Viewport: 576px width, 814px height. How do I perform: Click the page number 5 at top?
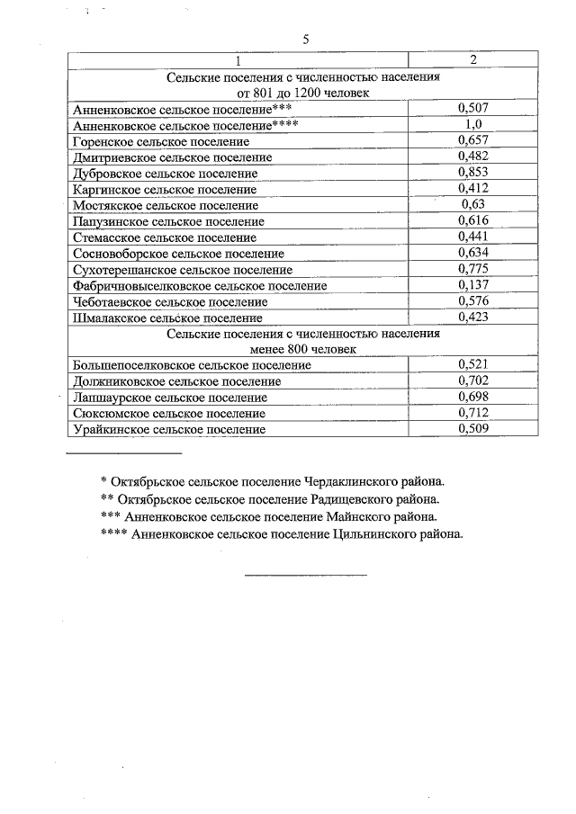click(305, 39)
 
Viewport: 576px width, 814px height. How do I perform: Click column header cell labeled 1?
click(238, 60)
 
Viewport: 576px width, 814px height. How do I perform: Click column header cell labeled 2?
click(472, 59)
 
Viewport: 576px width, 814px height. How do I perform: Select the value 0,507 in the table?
click(472, 108)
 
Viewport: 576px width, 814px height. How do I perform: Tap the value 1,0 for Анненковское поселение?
click(472, 124)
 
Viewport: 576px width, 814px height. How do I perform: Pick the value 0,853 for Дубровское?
click(472, 173)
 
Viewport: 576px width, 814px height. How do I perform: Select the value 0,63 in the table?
click(472, 205)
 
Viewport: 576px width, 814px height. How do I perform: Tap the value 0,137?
click(472, 285)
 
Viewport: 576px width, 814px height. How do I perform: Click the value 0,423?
click(472, 317)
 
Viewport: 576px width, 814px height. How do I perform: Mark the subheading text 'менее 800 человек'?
click(303, 349)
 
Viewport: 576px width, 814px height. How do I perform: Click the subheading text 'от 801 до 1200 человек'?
click(303, 93)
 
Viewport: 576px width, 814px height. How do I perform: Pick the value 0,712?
click(472, 413)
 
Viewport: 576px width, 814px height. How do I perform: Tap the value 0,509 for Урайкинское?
click(472, 429)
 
